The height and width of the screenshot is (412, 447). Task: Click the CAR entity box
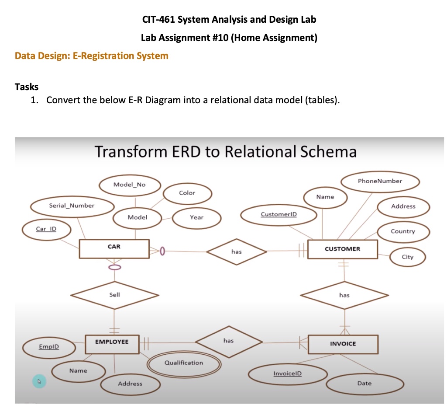pyautogui.click(x=114, y=248)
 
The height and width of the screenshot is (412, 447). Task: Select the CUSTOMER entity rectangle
pyautogui.click(x=343, y=249)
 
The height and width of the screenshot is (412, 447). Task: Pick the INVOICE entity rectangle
pyautogui.click(x=343, y=344)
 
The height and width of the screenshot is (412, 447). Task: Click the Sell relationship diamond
pyautogui.click(x=114, y=296)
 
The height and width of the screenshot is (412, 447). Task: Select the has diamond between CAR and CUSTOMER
pyautogui.click(x=236, y=252)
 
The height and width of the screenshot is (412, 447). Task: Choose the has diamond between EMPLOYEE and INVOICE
pyautogui.click(x=228, y=341)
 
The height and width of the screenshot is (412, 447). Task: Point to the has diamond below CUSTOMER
pyautogui.click(x=344, y=296)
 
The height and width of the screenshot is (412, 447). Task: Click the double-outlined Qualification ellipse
pyautogui.click(x=183, y=363)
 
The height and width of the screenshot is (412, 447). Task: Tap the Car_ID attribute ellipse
pyautogui.click(x=46, y=229)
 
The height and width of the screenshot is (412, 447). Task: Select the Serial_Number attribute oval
pyautogui.click(x=72, y=206)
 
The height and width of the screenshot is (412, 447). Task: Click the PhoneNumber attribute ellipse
pyautogui.click(x=379, y=181)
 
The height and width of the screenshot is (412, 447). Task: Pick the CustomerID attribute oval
pyautogui.click(x=279, y=214)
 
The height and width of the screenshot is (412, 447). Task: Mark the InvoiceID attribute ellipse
pyautogui.click(x=287, y=374)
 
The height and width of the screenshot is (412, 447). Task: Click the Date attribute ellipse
pyautogui.click(x=364, y=384)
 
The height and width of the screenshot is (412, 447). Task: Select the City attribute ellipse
pyautogui.click(x=407, y=257)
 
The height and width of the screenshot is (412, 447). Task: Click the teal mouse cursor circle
pyautogui.click(x=39, y=381)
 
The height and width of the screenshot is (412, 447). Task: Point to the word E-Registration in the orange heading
pyautogui.click(x=108, y=56)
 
